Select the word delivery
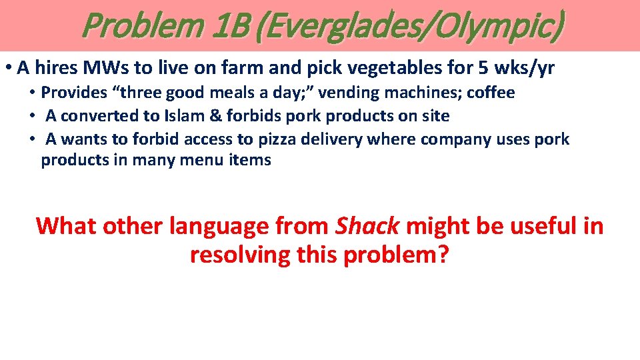point(375,139)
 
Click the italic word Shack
point(367,226)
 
